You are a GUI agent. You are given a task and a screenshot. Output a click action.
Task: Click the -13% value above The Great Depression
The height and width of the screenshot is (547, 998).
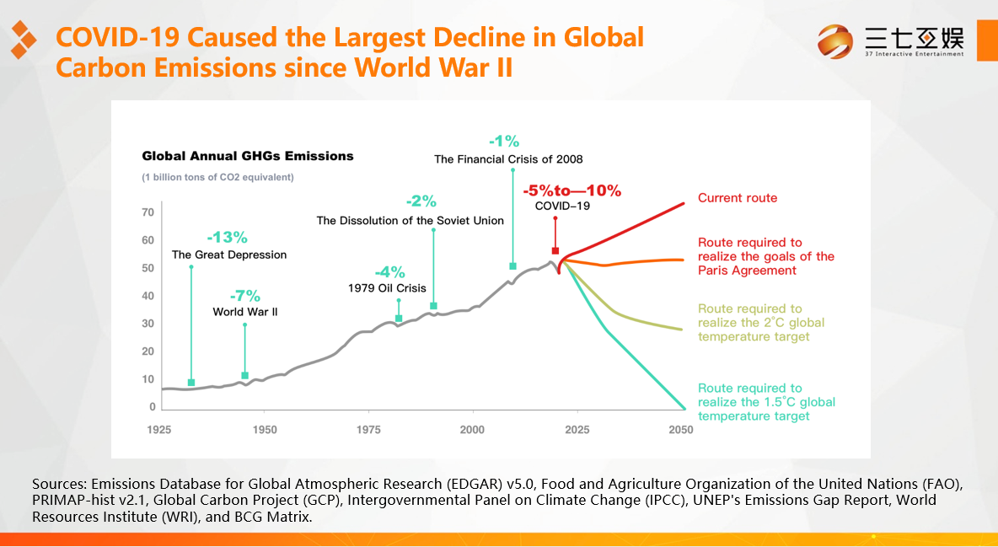pyautogui.click(x=227, y=238)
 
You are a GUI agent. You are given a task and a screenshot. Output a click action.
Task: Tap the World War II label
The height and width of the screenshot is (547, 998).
pyautogui.click(x=244, y=312)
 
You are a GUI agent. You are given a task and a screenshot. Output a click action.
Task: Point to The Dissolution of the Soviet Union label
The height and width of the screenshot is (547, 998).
pyautogui.click(x=410, y=221)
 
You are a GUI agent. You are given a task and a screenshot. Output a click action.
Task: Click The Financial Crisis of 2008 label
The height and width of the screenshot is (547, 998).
pyautogui.click(x=508, y=158)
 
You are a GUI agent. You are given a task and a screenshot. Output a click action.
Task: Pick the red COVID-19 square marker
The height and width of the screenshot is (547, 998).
pyautogui.click(x=555, y=250)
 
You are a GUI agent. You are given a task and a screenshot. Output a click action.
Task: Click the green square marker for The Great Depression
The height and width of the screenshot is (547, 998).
pyautogui.click(x=191, y=383)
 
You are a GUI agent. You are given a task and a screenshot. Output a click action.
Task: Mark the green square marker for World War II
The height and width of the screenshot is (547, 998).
pyautogui.click(x=245, y=375)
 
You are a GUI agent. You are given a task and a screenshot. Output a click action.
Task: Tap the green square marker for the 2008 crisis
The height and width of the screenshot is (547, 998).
pyautogui.click(x=512, y=266)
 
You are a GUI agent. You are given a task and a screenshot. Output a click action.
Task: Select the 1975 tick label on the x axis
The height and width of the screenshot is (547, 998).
pyautogui.click(x=368, y=430)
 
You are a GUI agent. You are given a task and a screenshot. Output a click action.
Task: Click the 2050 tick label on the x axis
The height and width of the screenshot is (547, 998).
pyautogui.click(x=680, y=430)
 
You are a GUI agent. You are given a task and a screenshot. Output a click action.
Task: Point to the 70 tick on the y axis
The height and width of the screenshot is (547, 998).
pyautogui.click(x=148, y=212)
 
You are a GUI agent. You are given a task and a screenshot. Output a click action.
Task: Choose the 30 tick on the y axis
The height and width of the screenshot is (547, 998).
pyautogui.click(x=148, y=324)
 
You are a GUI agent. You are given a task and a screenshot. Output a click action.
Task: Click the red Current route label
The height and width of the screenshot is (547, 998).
pyautogui.click(x=738, y=198)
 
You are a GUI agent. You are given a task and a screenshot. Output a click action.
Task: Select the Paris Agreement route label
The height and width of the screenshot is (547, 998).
pyautogui.click(x=765, y=256)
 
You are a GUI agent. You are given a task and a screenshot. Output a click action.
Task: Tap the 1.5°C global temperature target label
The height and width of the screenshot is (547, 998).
pyautogui.click(x=766, y=402)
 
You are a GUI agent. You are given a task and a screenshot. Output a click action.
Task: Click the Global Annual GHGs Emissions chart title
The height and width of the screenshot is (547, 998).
pyautogui.click(x=248, y=156)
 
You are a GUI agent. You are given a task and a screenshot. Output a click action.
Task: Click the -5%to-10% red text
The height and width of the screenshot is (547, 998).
pyautogui.click(x=571, y=190)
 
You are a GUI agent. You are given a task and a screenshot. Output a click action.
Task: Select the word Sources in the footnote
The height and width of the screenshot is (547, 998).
pyautogui.click(x=58, y=485)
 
